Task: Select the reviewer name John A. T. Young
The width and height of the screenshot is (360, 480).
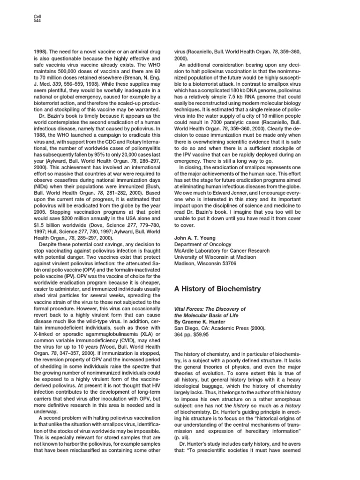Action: pos(194,238)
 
